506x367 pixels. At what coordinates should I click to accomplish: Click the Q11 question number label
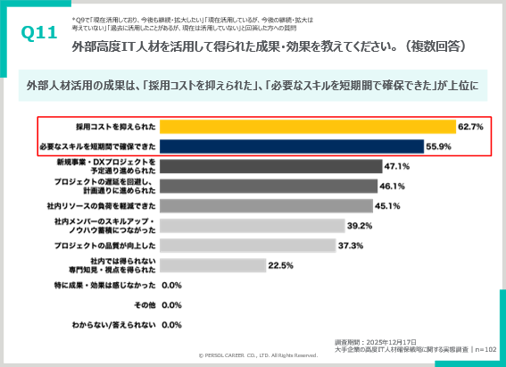coord(38,33)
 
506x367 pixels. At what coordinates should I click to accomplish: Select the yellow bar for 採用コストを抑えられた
coord(308,127)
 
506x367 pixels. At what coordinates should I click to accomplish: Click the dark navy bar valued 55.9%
coord(292,146)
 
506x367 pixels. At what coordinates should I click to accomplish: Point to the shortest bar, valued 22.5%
coord(213,265)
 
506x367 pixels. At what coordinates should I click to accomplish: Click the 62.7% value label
coord(470,127)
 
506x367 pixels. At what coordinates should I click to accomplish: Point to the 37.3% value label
coord(350,245)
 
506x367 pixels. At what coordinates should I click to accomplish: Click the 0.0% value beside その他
coord(171,305)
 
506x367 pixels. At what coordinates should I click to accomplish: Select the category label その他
coord(146,305)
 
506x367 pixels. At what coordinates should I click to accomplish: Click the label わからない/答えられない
coord(113,325)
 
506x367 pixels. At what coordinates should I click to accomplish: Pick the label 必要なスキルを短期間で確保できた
coord(98,146)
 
